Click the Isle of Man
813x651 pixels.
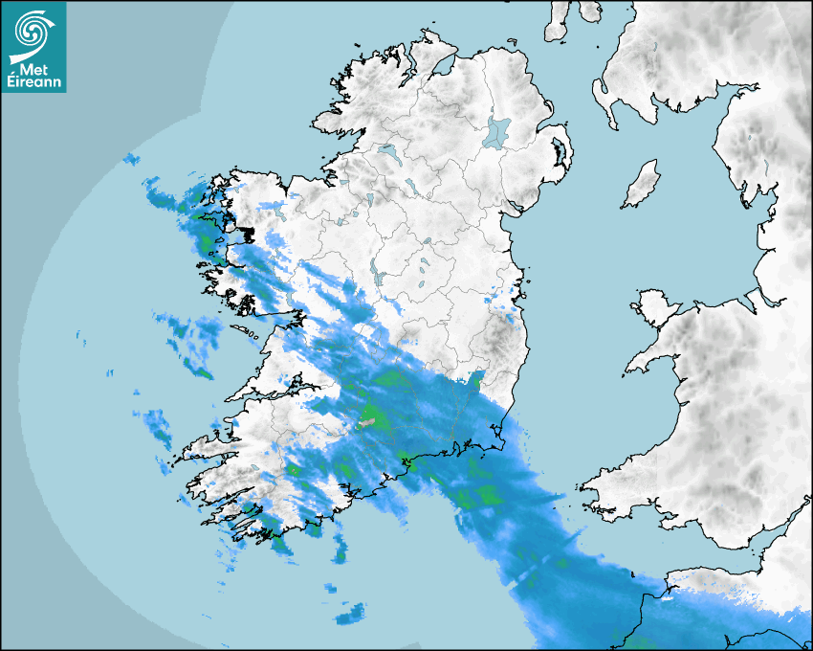[x=642, y=185]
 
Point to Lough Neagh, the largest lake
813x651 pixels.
[x=497, y=131]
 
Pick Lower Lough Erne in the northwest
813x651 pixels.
[x=387, y=151]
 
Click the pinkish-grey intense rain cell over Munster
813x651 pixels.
[x=367, y=420]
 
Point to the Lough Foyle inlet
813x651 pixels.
[x=442, y=65]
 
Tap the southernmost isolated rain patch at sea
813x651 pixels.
[x=351, y=611]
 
